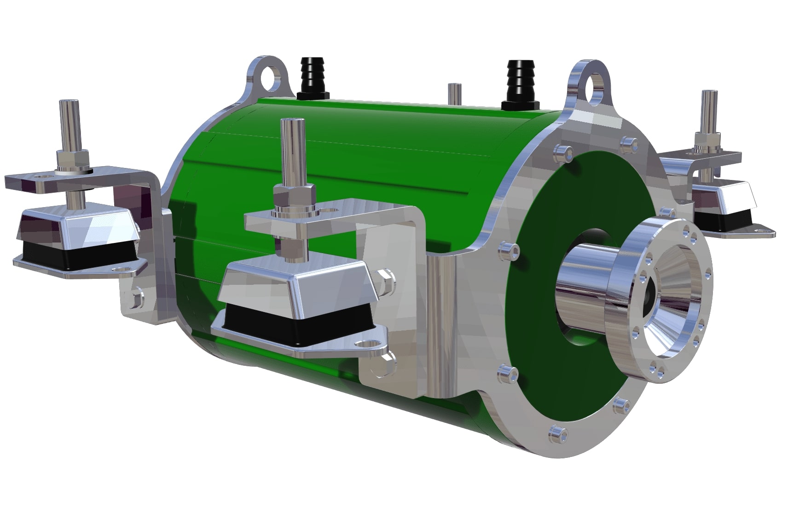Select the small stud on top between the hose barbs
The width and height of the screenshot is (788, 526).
[x=454, y=94]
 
